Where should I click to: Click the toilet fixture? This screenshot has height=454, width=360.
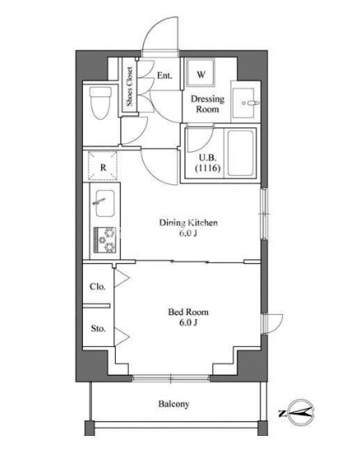click(x=100, y=103)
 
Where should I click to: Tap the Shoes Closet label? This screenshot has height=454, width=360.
click(x=129, y=86)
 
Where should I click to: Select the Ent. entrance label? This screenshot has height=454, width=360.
click(x=164, y=76)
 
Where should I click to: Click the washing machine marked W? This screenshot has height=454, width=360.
click(x=201, y=72)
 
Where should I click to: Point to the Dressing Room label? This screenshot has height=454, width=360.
click(x=207, y=104)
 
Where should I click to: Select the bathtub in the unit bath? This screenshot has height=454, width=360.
click(x=241, y=153)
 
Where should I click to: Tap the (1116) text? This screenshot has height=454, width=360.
click(x=208, y=168)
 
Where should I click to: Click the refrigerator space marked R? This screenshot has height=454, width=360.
click(x=103, y=166)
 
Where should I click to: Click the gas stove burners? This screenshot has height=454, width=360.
click(x=104, y=239)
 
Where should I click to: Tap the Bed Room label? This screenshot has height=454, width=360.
click(x=188, y=313)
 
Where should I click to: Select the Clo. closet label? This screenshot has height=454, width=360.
click(x=98, y=287)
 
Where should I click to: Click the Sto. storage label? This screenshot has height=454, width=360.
click(x=98, y=329)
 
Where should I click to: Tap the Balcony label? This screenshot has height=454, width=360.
click(x=173, y=404)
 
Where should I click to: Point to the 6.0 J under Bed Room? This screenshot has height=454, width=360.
click(x=188, y=322)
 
